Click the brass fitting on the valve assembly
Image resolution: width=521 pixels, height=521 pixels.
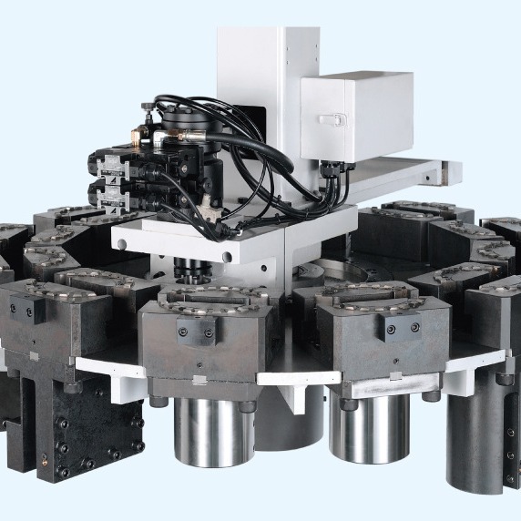(x=133, y=137)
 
